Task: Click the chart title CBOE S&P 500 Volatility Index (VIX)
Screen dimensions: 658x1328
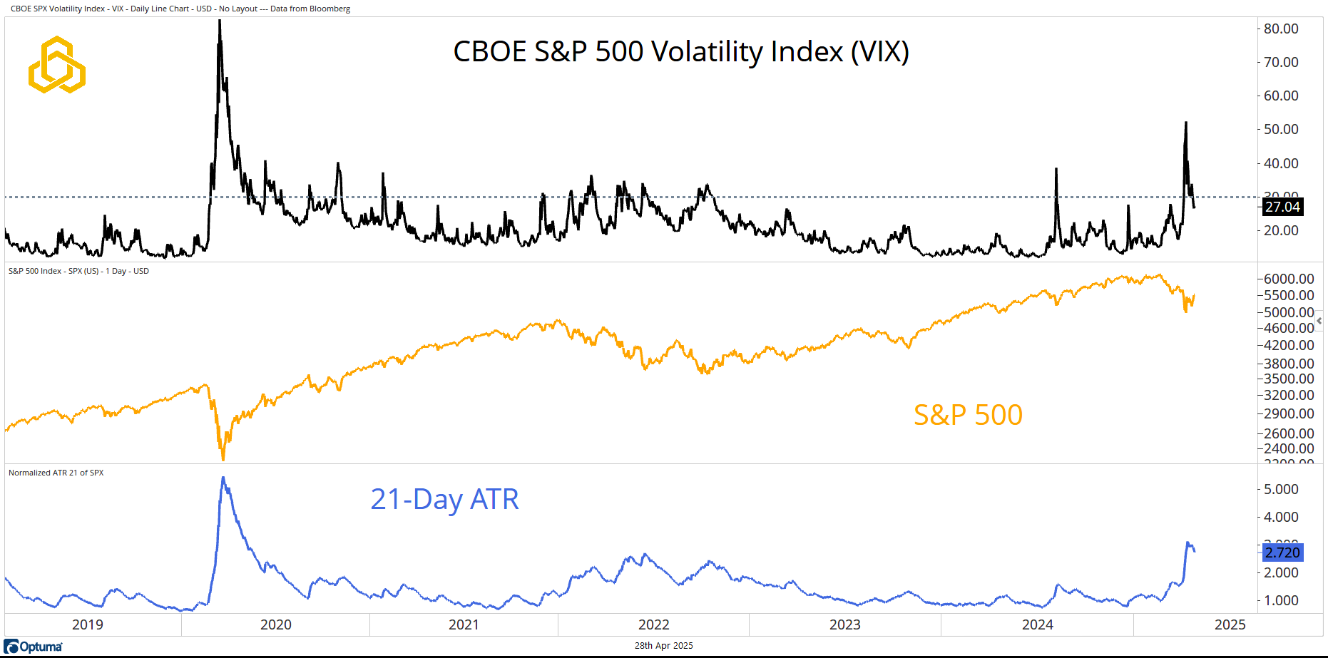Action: coord(681,52)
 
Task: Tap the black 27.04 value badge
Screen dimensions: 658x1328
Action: coord(1282,207)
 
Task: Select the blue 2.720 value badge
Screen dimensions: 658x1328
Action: coord(1282,552)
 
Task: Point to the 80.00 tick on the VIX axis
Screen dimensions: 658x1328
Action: coord(1281,29)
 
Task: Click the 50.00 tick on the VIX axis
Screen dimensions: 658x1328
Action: coord(1281,129)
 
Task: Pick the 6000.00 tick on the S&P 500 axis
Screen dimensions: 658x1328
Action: coord(1289,279)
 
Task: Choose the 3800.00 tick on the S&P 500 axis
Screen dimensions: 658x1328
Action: coord(1289,364)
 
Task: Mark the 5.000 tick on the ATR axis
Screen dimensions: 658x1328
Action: coord(1281,489)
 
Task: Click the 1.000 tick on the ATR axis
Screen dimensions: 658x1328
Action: coord(1281,600)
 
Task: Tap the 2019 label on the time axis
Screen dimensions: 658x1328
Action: coord(88,624)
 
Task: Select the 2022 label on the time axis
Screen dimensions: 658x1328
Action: coord(654,624)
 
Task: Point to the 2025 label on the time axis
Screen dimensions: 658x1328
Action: coord(1230,624)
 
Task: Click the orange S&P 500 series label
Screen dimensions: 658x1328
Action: coord(968,415)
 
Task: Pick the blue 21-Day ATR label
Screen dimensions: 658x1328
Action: coord(444,499)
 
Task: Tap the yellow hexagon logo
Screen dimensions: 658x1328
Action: coord(57,65)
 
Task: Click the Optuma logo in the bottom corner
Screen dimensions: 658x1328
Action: coord(34,647)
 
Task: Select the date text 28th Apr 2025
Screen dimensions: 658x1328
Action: coord(663,646)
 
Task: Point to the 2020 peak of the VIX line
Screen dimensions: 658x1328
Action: coord(220,21)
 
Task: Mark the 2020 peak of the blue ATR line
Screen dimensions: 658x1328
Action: coord(223,478)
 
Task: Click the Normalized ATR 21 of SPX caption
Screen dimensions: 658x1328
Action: coord(56,473)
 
